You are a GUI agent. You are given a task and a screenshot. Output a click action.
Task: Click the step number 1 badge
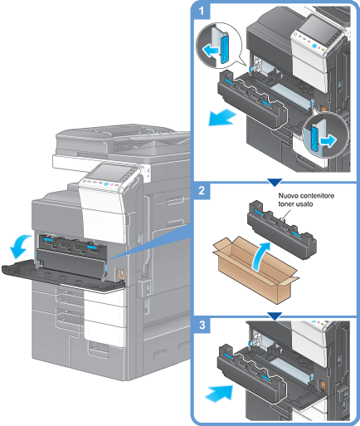[x=202, y=11]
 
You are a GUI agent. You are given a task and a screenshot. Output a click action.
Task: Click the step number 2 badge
[x=202, y=191]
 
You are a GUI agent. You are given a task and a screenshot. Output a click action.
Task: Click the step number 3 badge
[x=202, y=325]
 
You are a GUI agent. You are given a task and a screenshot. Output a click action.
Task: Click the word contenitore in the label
[x=317, y=196]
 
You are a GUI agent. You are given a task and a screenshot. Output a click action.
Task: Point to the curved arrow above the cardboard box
[x=261, y=255]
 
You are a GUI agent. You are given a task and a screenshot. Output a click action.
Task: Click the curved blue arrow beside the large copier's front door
[x=20, y=246]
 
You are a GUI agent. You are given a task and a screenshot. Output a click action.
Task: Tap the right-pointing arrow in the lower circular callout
[x=328, y=140]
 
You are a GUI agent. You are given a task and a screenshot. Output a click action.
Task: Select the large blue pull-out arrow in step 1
[x=221, y=117]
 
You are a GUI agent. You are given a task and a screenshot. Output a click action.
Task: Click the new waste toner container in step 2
[x=282, y=230]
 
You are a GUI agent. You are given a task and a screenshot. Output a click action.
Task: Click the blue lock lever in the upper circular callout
[x=224, y=48]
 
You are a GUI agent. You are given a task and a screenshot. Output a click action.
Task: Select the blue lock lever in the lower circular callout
[x=315, y=138]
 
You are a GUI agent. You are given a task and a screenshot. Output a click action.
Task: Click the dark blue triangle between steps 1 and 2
[x=275, y=182]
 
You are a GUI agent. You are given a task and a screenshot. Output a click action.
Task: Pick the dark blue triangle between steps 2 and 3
[x=275, y=316]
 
